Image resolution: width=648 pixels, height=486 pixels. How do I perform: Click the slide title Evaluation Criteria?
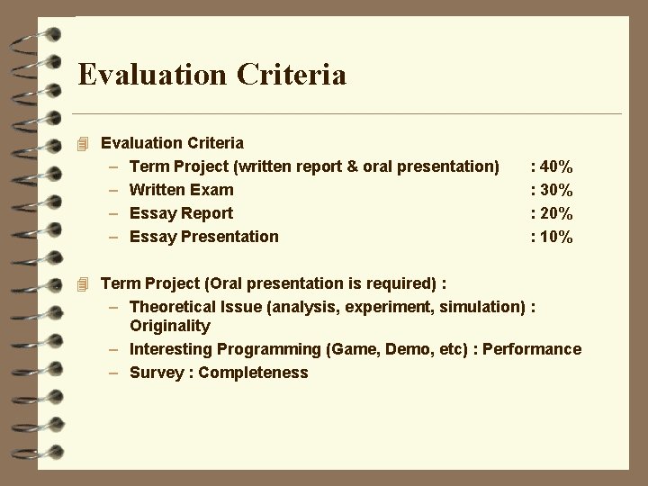click(x=211, y=74)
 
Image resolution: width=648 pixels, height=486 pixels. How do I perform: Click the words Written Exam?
click(x=181, y=190)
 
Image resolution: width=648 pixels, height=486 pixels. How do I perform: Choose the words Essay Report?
click(x=181, y=213)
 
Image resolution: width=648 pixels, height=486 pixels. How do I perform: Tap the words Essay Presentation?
click(x=204, y=237)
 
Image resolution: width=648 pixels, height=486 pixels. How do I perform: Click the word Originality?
click(x=170, y=326)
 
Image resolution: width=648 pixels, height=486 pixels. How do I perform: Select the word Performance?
click(x=532, y=349)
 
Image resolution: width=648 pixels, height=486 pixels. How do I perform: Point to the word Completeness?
click(x=253, y=373)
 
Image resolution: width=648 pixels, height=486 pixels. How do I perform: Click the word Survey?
click(x=157, y=373)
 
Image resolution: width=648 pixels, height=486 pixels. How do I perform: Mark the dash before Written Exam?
click(x=114, y=190)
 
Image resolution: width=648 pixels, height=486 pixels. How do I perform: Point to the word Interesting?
click(x=171, y=349)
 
